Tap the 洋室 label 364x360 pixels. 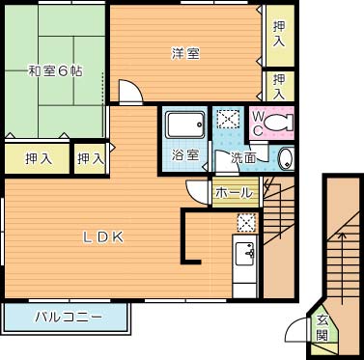point(186,53)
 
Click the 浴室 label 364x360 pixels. point(184,153)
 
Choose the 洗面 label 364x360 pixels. point(242,157)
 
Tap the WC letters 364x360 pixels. point(259,124)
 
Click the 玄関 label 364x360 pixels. point(322,328)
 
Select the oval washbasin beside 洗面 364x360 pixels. point(284,159)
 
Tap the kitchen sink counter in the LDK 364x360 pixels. point(244,255)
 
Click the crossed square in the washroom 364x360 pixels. point(228,120)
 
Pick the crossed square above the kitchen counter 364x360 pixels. point(246,221)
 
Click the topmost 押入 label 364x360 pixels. point(279,37)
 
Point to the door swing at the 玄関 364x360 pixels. point(297,330)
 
